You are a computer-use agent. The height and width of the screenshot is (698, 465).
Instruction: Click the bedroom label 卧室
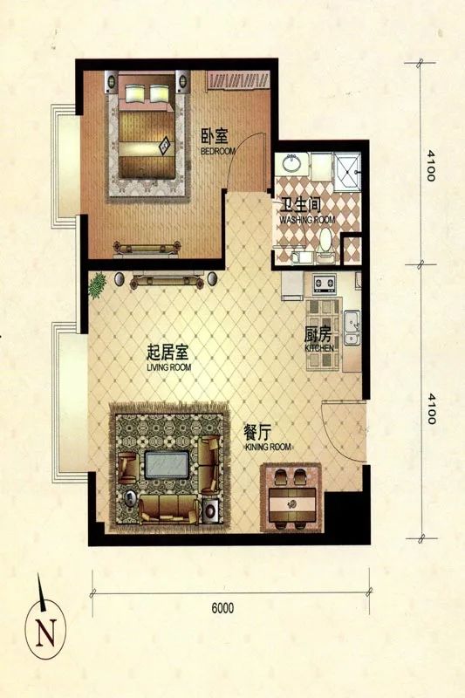[x=215, y=137]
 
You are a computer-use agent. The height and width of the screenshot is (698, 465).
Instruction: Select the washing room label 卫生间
[x=297, y=208]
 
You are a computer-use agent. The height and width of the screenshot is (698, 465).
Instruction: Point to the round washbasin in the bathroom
[x=291, y=163]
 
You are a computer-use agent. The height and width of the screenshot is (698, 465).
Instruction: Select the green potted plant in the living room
[x=99, y=283]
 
